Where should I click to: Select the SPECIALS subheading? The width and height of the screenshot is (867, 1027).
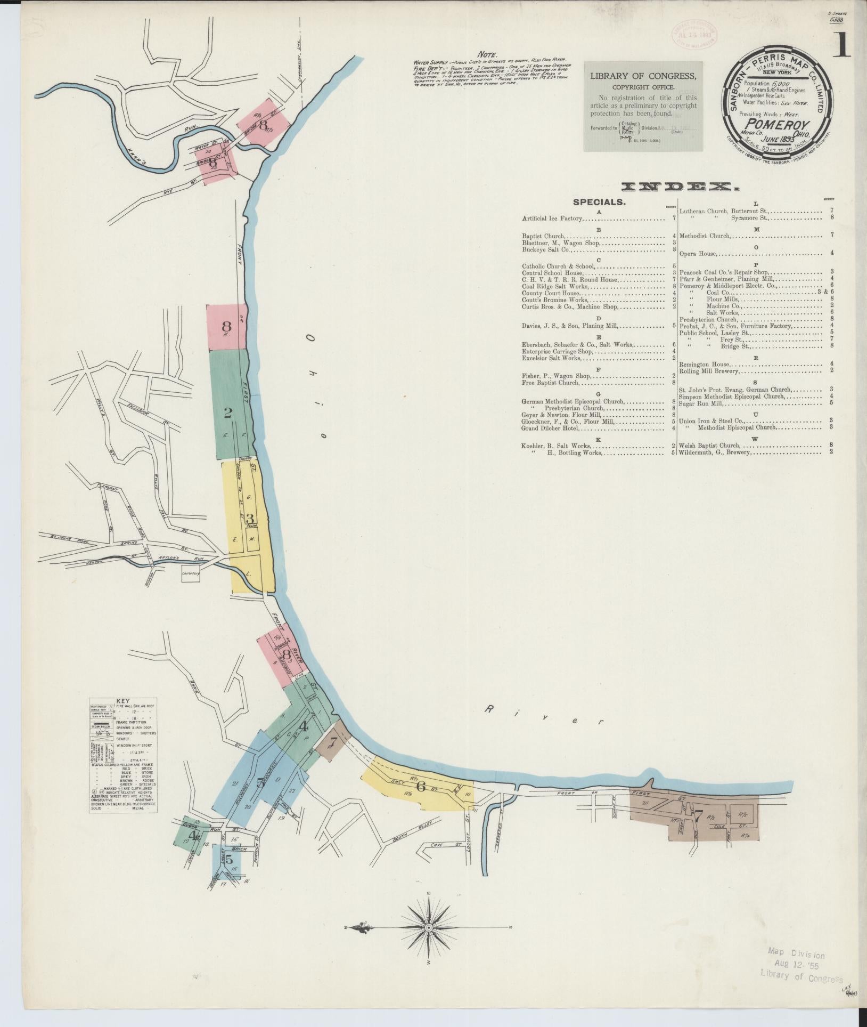[x=599, y=203]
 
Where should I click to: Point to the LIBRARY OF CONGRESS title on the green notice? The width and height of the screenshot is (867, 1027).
[x=643, y=76]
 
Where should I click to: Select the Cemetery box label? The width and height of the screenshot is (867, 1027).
[x=190, y=573]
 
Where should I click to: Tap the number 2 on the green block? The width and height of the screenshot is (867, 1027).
[x=228, y=413]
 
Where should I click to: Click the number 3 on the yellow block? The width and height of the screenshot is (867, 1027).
[x=250, y=518]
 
